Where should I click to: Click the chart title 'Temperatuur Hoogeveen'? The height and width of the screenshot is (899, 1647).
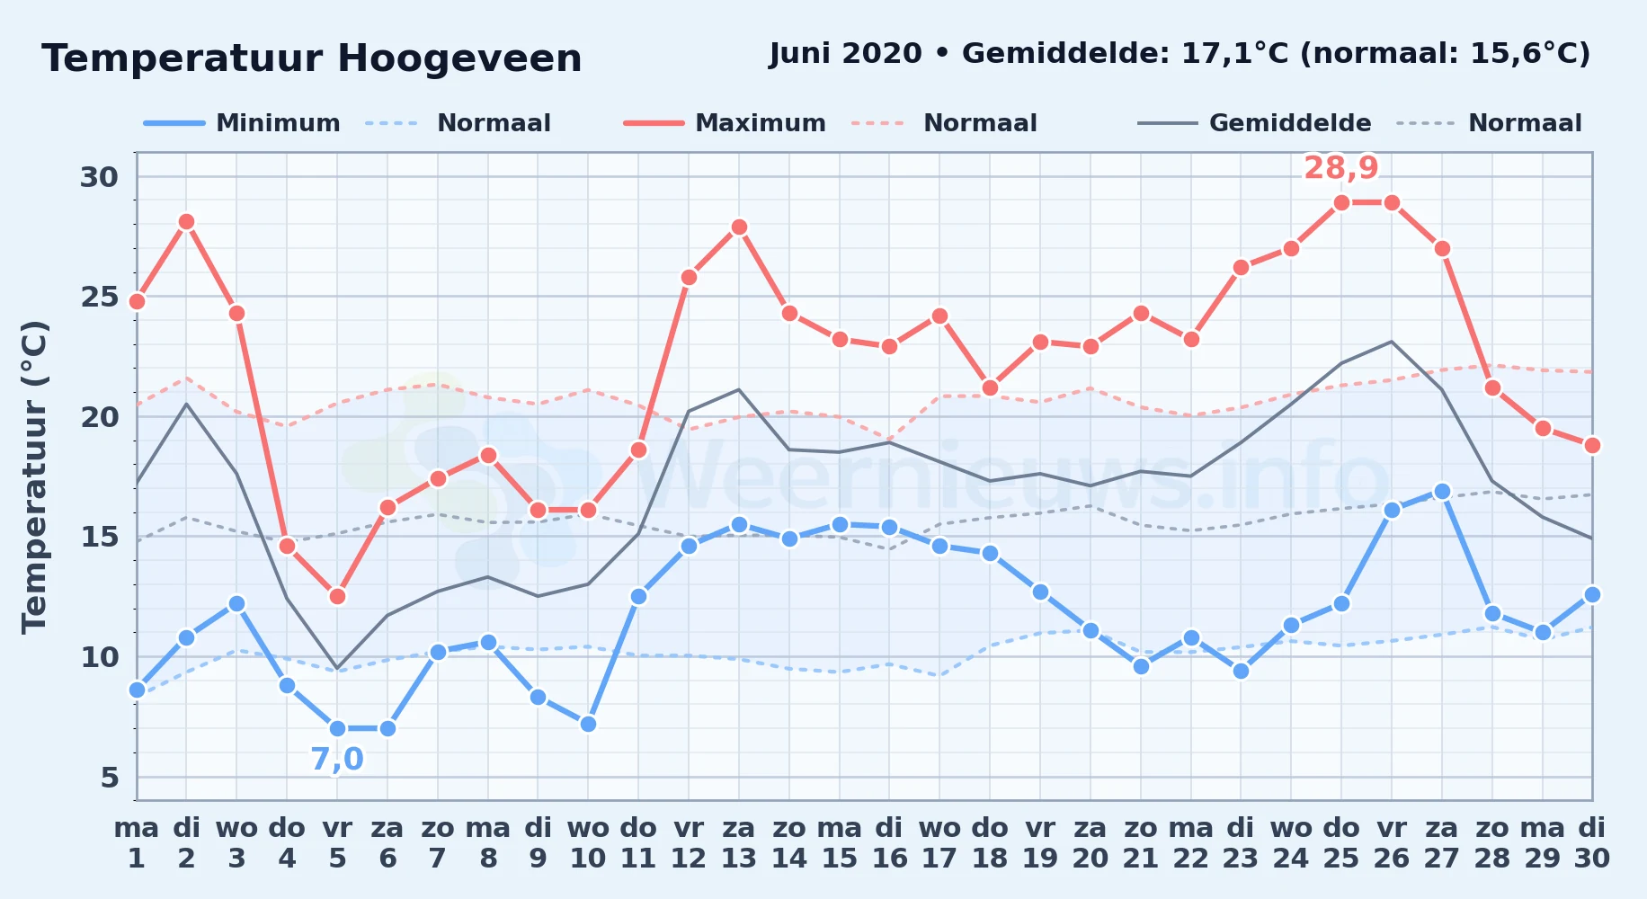click(312, 59)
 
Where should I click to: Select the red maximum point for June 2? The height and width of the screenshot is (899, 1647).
click(186, 222)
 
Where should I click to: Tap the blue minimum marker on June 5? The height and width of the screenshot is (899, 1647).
click(337, 728)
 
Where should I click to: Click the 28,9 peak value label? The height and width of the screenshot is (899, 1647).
click(1340, 168)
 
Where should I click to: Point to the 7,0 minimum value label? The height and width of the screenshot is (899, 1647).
click(337, 760)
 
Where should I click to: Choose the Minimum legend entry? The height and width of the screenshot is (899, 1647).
click(242, 123)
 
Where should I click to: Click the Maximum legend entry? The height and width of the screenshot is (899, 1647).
click(725, 123)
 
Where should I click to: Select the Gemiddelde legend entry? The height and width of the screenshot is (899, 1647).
click(1254, 123)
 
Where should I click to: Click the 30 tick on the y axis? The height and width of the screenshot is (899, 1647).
click(99, 177)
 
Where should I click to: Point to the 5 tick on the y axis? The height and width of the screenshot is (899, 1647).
click(110, 777)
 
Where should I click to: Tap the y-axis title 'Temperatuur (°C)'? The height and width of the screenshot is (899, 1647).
click(35, 476)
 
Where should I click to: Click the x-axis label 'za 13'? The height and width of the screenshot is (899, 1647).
click(739, 843)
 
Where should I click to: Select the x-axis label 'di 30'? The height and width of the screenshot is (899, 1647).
click(1591, 843)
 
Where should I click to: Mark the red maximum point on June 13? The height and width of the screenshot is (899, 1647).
click(739, 227)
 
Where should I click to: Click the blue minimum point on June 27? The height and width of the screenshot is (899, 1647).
click(1442, 492)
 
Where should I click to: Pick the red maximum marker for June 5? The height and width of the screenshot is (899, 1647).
click(337, 596)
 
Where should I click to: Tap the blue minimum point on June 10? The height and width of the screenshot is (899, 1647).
click(588, 724)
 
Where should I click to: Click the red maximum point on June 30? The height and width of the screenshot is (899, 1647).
click(1592, 445)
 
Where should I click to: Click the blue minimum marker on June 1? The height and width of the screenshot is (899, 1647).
click(137, 690)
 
